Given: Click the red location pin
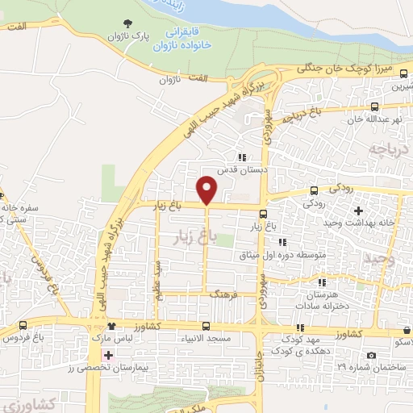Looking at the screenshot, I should tap(206, 190).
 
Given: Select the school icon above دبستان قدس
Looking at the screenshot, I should tap(240, 157).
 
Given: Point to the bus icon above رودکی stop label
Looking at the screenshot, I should tap(315, 191).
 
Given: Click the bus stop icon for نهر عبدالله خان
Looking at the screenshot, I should tap(373, 106).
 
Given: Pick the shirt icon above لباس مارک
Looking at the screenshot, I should tap(112, 327).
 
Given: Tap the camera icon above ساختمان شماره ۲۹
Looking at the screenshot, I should tap(370, 355).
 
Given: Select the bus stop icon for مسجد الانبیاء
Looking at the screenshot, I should tap(206, 327).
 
